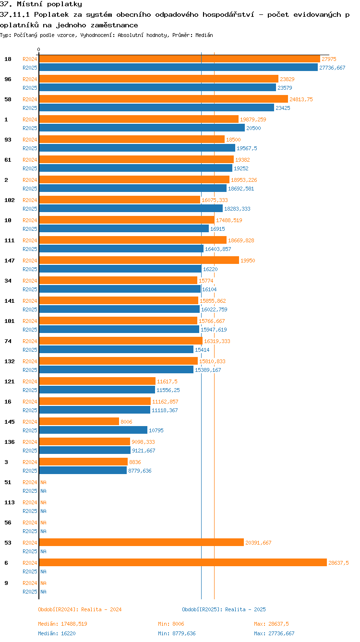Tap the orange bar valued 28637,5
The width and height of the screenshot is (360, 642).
[x=183, y=563]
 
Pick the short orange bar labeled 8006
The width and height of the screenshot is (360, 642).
[x=79, y=422]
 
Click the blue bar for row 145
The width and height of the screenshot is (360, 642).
[x=93, y=430]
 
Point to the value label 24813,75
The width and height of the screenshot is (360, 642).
[x=301, y=99]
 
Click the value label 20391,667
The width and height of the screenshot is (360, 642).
[x=258, y=543]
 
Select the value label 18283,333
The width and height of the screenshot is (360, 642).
[x=237, y=209]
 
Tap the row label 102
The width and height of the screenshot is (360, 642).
[x=10, y=200]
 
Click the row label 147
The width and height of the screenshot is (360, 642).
[x=10, y=261]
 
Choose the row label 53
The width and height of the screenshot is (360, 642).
[x=8, y=543]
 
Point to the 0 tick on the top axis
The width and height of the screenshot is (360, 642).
[x=39, y=49]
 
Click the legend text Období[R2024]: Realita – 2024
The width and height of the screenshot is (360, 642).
[x=80, y=609]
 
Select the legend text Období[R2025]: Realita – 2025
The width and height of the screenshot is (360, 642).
[x=224, y=609]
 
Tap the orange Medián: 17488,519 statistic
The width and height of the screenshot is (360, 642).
[x=62, y=624]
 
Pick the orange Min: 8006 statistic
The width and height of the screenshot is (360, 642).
[x=171, y=624]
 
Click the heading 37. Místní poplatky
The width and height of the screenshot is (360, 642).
[x=41, y=4]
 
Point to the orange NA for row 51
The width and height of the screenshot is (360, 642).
[x=43, y=482]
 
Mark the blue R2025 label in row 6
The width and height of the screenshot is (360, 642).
[x=30, y=571]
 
